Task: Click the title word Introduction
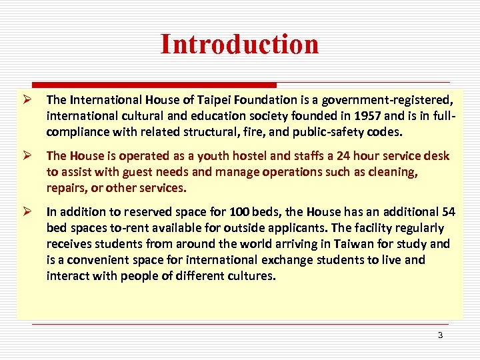coord(239,44)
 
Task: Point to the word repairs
coord(66,188)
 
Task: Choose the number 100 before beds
coord(239,212)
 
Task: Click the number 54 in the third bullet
coord(449,212)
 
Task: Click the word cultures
coord(251,276)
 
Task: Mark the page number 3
coord(440,335)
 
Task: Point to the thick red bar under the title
coord(147,85)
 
